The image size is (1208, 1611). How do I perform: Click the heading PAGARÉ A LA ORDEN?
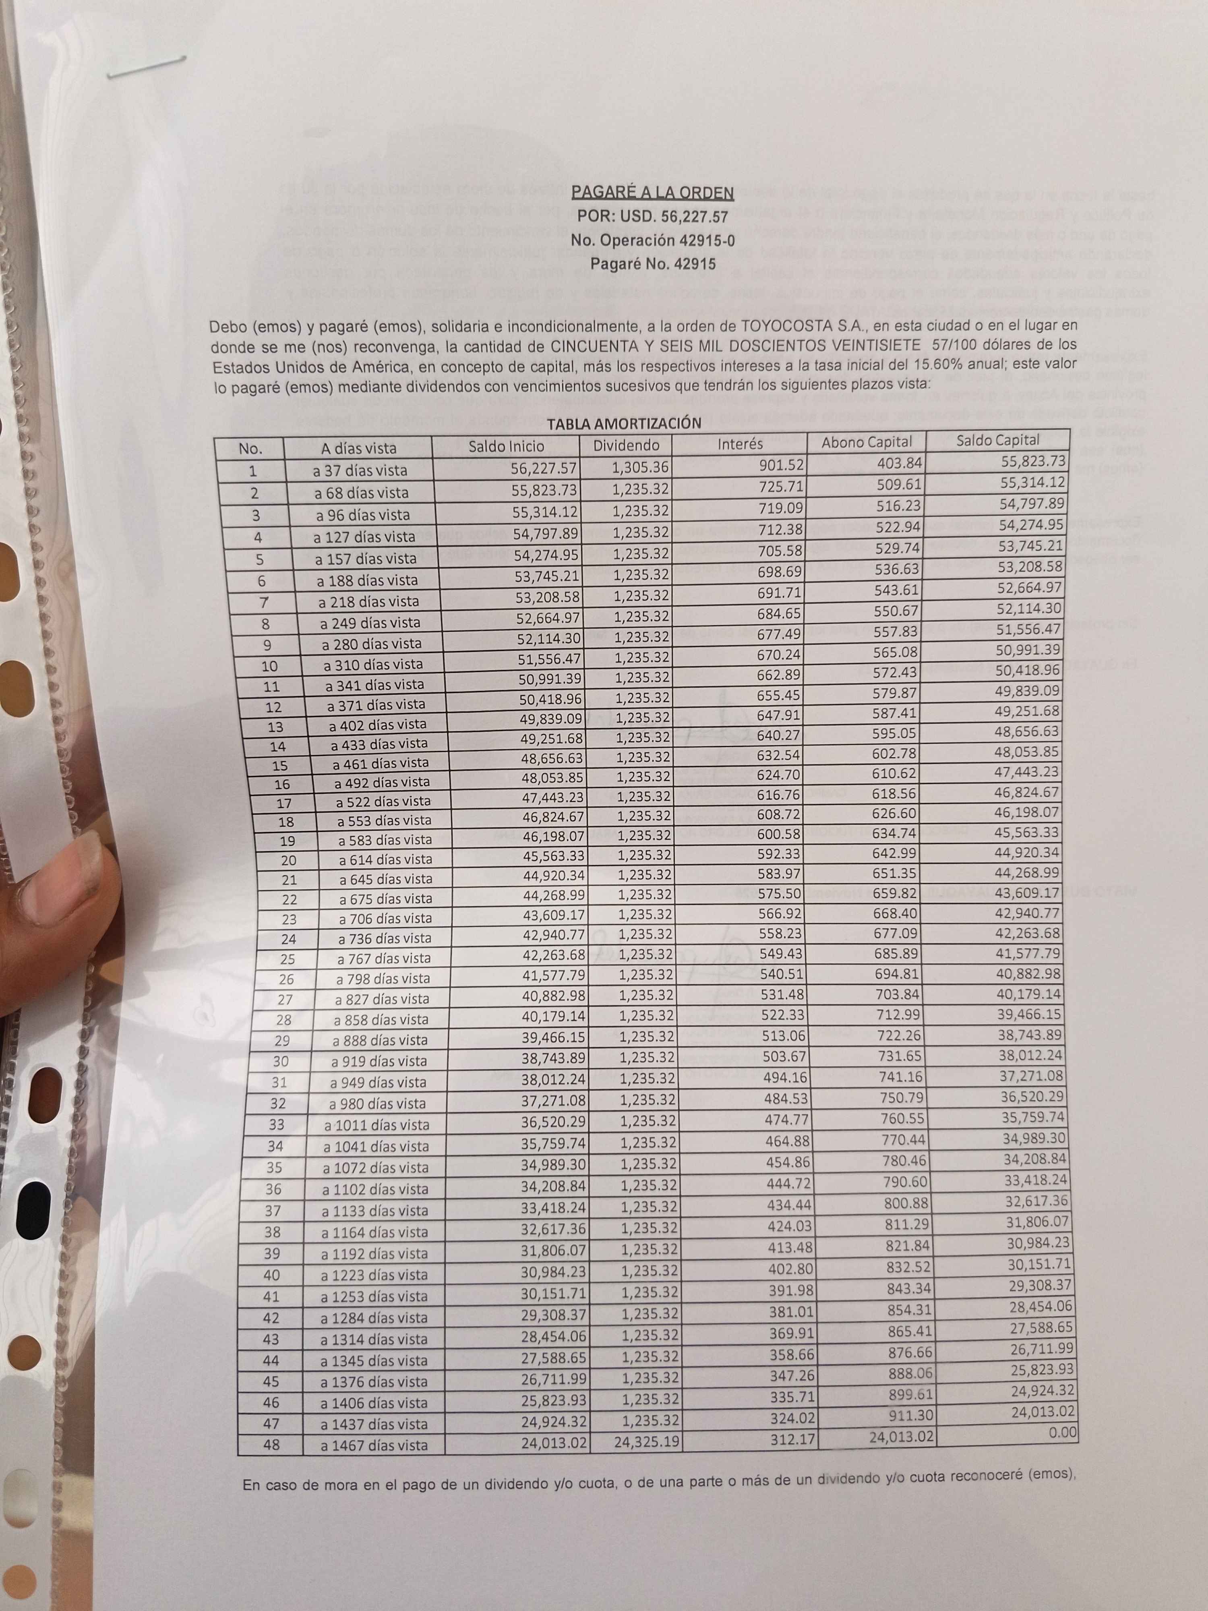tap(652, 193)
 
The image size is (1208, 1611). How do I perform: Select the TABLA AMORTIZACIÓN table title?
tap(624, 424)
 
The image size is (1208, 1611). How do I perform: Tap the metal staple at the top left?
tap(146, 66)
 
